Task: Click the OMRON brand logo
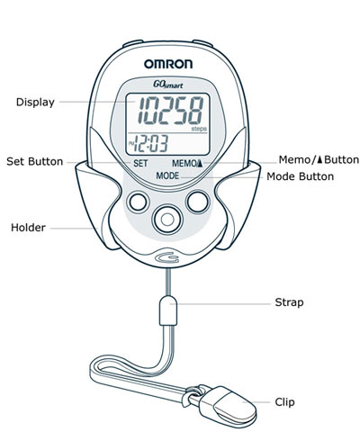(x=168, y=64)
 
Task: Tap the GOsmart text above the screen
(x=168, y=85)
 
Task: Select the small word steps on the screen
(x=199, y=129)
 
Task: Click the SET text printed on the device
(x=140, y=164)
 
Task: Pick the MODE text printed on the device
(x=167, y=175)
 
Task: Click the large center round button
(x=167, y=220)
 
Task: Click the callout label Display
(x=35, y=103)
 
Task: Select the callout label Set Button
(x=35, y=161)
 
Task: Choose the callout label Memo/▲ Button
(x=319, y=159)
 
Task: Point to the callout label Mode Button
(x=301, y=176)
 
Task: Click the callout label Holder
(x=28, y=228)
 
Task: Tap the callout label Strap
(x=289, y=302)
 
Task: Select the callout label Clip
(x=284, y=402)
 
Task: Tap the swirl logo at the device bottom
(x=167, y=257)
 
